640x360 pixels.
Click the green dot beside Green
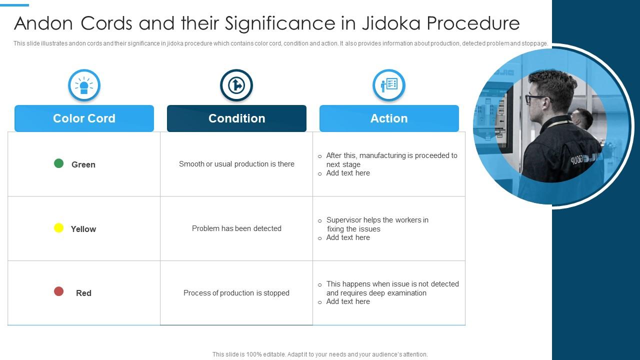click(58, 163)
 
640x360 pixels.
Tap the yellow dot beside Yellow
click(58, 228)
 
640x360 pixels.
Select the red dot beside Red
click(58, 291)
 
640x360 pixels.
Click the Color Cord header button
click(84, 118)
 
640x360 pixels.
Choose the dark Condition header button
click(236, 118)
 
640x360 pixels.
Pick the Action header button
click(389, 118)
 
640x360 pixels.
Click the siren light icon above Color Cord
click(84, 85)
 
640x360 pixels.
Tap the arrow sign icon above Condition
click(236, 85)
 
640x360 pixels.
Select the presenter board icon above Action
click(389, 85)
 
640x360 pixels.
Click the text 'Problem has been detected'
click(236, 228)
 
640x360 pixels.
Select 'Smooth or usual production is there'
click(236, 164)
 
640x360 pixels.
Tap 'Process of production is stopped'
click(236, 293)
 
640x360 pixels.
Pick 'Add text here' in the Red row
click(348, 301)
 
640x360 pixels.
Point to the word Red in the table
click(83, 293)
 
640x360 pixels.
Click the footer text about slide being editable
click(320, 354)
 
